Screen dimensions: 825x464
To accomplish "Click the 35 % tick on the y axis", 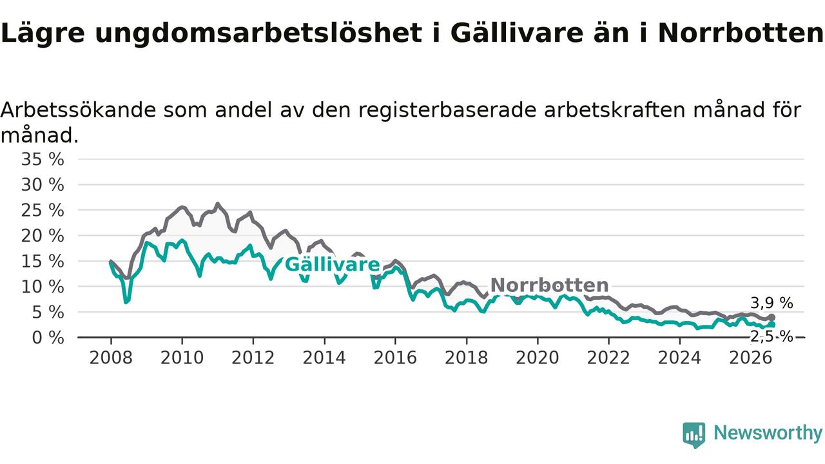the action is pyautogui.click(x=43, y=159).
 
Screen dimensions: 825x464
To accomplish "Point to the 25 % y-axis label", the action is pyautogui.click(x=43, y=211).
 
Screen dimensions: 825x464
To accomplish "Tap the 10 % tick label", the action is pyautogui.click(x=43, y=287).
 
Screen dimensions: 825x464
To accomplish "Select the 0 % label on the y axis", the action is pyautogui.click(x=48, y=338).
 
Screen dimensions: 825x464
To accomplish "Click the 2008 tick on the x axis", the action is pyautogui.click(x=111, y=358).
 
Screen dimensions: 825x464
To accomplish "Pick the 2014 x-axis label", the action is pyautogui.click(x=324, y=358).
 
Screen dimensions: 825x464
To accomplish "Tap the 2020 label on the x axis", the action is pyautogui.click(x=538, y=358).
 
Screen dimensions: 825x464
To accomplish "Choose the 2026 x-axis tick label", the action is pyautogui.click(x=751, y=358).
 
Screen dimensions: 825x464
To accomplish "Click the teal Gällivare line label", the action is pyautogui.click(x=332, y=264).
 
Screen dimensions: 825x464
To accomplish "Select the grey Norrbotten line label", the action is pyautogui.click(x=550, y=285).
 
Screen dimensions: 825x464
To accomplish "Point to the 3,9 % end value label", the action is pyautogui.click(x=772, y=303).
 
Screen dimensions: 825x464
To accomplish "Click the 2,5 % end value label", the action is pyautogui.click(x=772, y=336).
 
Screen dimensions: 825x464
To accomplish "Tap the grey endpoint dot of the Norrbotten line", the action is pyautogui.click(x=772, y=318).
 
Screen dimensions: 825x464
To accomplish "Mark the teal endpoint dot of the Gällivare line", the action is pyautogui.click(x=772, y=324).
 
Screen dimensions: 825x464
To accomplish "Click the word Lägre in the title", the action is pyautogui.click(x=43, y=33).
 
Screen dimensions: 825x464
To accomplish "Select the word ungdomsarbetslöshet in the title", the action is pyautogui.click(x=258, y=32).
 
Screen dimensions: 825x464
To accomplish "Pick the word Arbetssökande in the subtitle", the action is pyautogui.click(x=78, y=110).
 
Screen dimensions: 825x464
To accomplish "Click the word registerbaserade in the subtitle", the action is pyautogui.click(x=447, y=110).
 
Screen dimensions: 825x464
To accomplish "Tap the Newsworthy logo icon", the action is pyautogui.click(x=694, y=435).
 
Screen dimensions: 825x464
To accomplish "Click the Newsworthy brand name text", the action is pyautogui.click(x=768, y=432).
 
